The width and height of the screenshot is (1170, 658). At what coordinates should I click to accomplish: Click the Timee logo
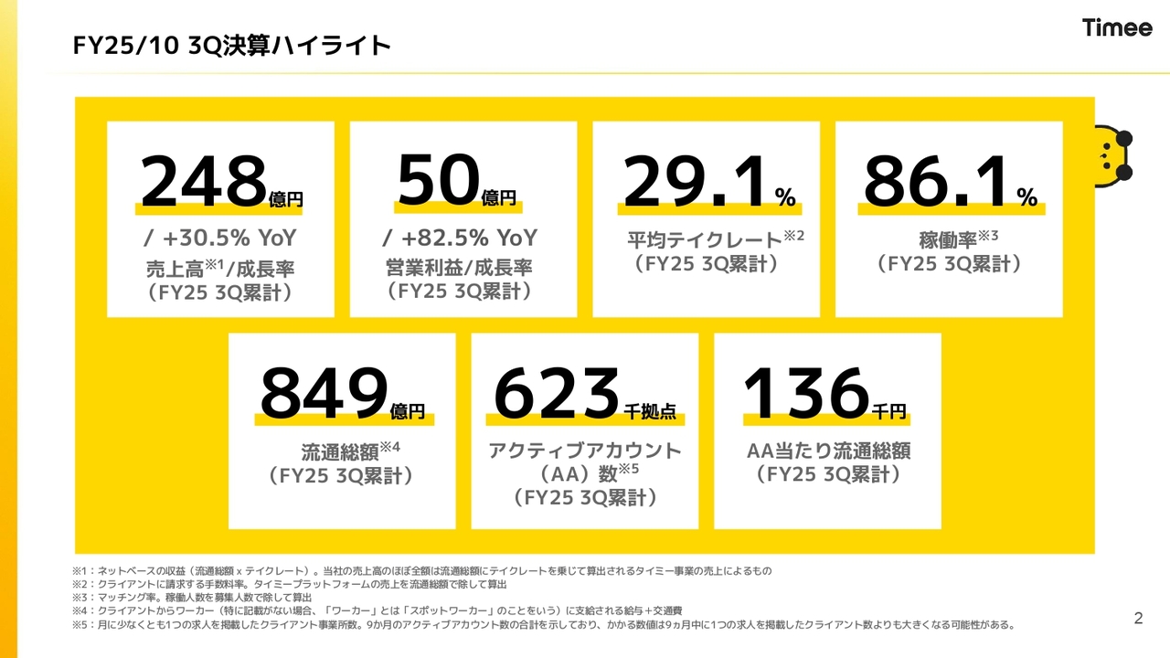[x=1117, y=27]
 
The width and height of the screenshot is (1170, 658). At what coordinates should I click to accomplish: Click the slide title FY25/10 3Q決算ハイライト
[x=232, y=45]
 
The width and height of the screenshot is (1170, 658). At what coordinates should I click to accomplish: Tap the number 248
[x=203, y=181]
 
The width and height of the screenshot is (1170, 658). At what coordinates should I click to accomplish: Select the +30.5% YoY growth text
[x=220, y=239]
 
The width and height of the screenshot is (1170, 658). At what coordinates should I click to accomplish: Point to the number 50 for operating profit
[x=438, y=181]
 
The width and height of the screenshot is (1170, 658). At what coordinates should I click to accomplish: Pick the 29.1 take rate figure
[x=695, y=181]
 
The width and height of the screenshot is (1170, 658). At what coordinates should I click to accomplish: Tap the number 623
[x=557, y=393]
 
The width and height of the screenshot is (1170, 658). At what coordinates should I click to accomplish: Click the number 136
[x=804, y=393]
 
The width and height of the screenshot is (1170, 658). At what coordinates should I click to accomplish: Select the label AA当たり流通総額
[x=828, y=451]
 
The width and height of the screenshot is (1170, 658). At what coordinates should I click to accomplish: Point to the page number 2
[x=1138, y=619]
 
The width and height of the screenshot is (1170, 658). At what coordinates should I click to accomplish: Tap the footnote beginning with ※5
[x=544, y=625]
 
